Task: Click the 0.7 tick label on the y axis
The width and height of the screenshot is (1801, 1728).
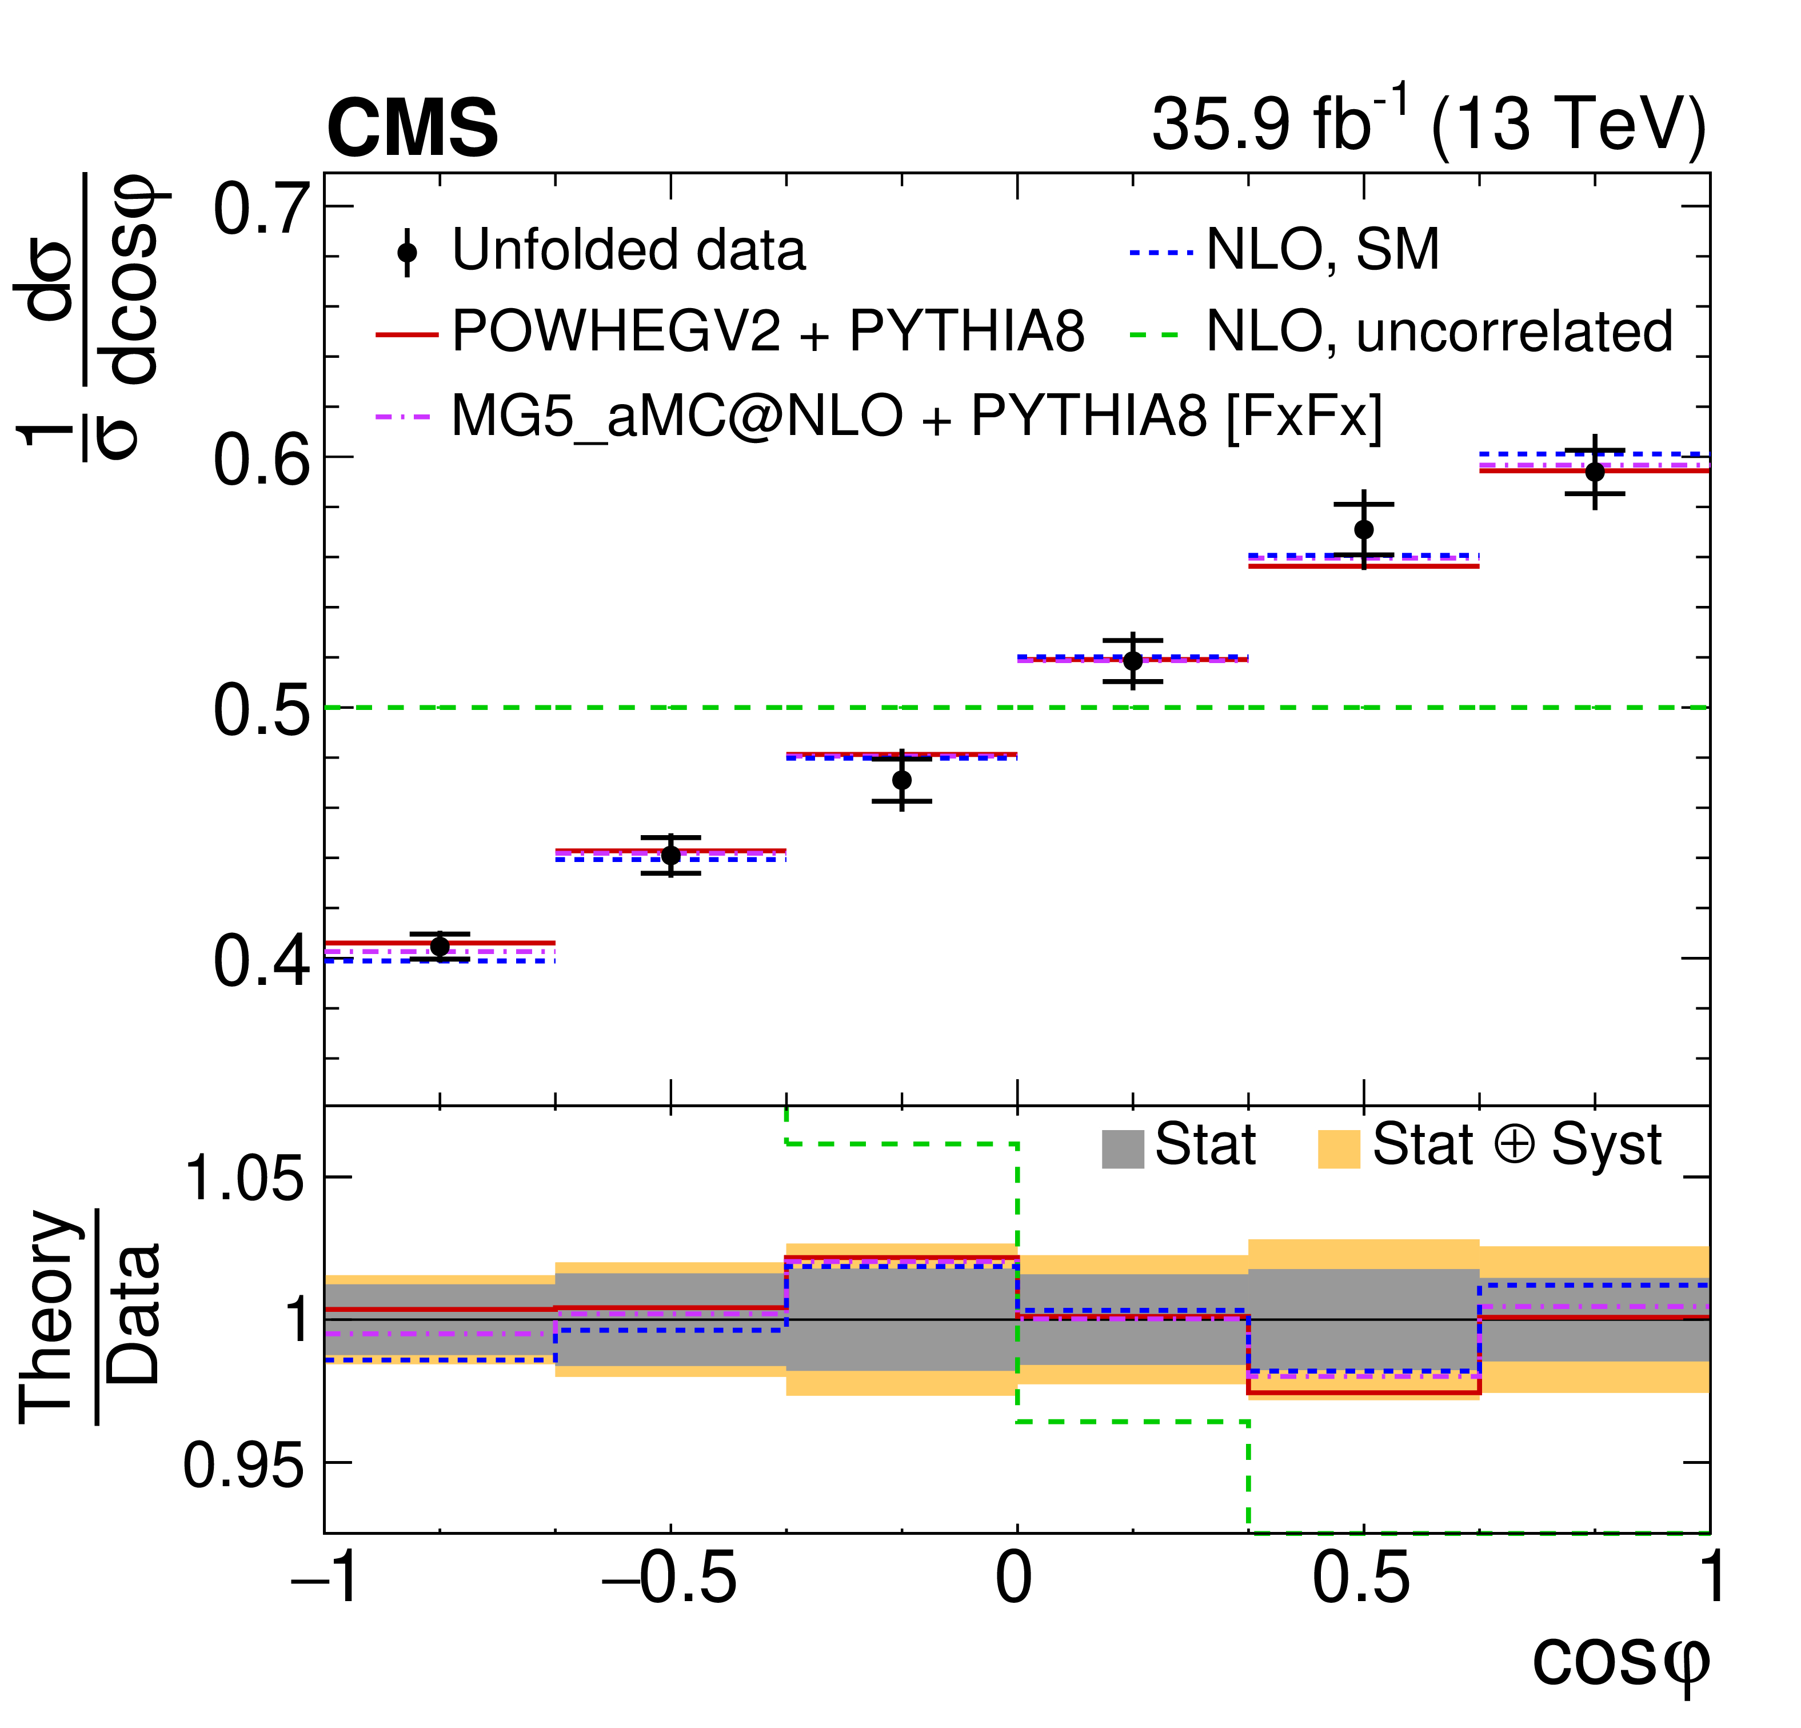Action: coord(260,210)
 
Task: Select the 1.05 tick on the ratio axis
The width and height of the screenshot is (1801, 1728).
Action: coord(243,1178)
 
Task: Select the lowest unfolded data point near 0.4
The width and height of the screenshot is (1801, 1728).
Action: coord(440,947)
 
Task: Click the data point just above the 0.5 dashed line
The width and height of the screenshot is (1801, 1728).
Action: coord(1133,661)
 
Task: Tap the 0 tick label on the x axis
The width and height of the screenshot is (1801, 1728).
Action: coord(1015,1579)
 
